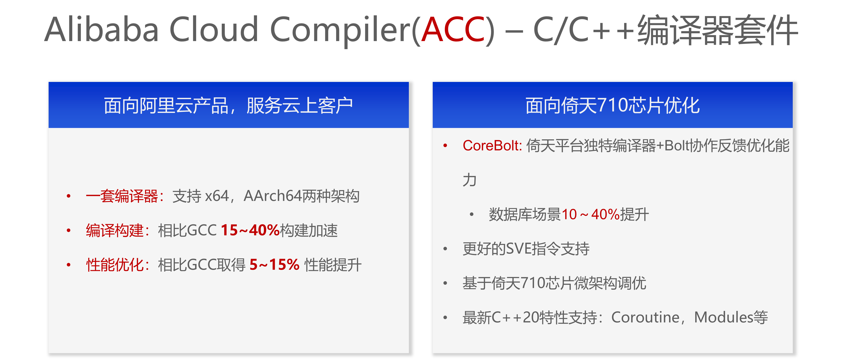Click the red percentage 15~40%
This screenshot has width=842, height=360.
click(x=250, y=230)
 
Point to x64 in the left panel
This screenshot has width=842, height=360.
click(x=217, y=196)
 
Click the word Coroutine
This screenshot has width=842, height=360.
click(x=645, y=317)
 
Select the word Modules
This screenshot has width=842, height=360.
click(x=724, y=317)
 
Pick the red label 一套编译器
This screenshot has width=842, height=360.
click(x=122, y=196)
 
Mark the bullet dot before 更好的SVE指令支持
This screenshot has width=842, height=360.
click(x=445, y=249)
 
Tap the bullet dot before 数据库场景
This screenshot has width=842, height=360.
click(x=471, y=214)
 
